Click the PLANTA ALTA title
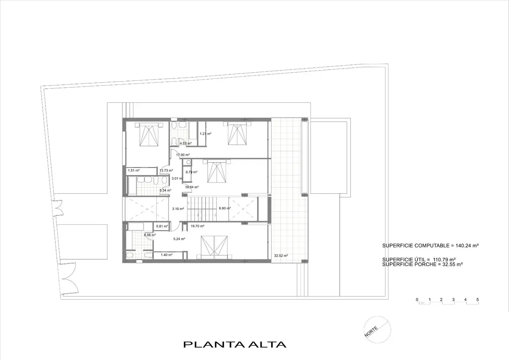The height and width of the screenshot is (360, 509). pyautogui.click(x=235, y=344)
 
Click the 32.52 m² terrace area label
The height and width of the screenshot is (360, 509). pyautogui.click(x=281, y=256)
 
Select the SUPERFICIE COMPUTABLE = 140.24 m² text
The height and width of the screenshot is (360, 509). pyautogui.click(x=431, y=245)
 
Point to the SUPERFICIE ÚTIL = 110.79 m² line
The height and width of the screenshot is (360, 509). pyautogui.click(x=419, y=259)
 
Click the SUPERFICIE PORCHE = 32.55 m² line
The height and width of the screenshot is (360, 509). pyautogui.click(x=422, y=264)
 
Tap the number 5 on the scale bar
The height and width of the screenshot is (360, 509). pyautogui.click(x=478, y=300)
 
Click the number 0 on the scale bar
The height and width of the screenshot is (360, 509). pyautogui.click(x=417, y=300)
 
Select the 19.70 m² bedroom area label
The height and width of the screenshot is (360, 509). pyautogui.click(x=197, y=226)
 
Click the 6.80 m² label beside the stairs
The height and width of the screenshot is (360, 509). pyautogui.click(x=225, y=208)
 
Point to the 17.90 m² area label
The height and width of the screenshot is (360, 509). pyautogui.click(x=183, y=155)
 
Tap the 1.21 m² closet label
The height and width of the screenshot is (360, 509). pyautogui.click(x=206, y=134)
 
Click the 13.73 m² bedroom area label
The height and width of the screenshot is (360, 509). pyautogui.click(x=166, y=171)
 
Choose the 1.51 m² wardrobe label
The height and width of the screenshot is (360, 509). pyautogui.click(x=134, y=171)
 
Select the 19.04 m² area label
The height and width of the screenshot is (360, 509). pyautogui.click(x=192, y=187)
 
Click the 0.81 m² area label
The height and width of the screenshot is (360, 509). pyautogui.click(x=162, y=226)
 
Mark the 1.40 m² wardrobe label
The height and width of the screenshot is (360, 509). pyautogui.click(x=167, y=255)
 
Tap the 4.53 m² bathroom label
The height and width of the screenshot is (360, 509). pyautogui.click(x=186, y=144)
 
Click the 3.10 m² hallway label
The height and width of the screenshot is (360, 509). pyautogui.click(x=178, y=208)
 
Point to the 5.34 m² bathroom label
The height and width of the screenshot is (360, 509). pyautogui.click(x=165, y=191)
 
